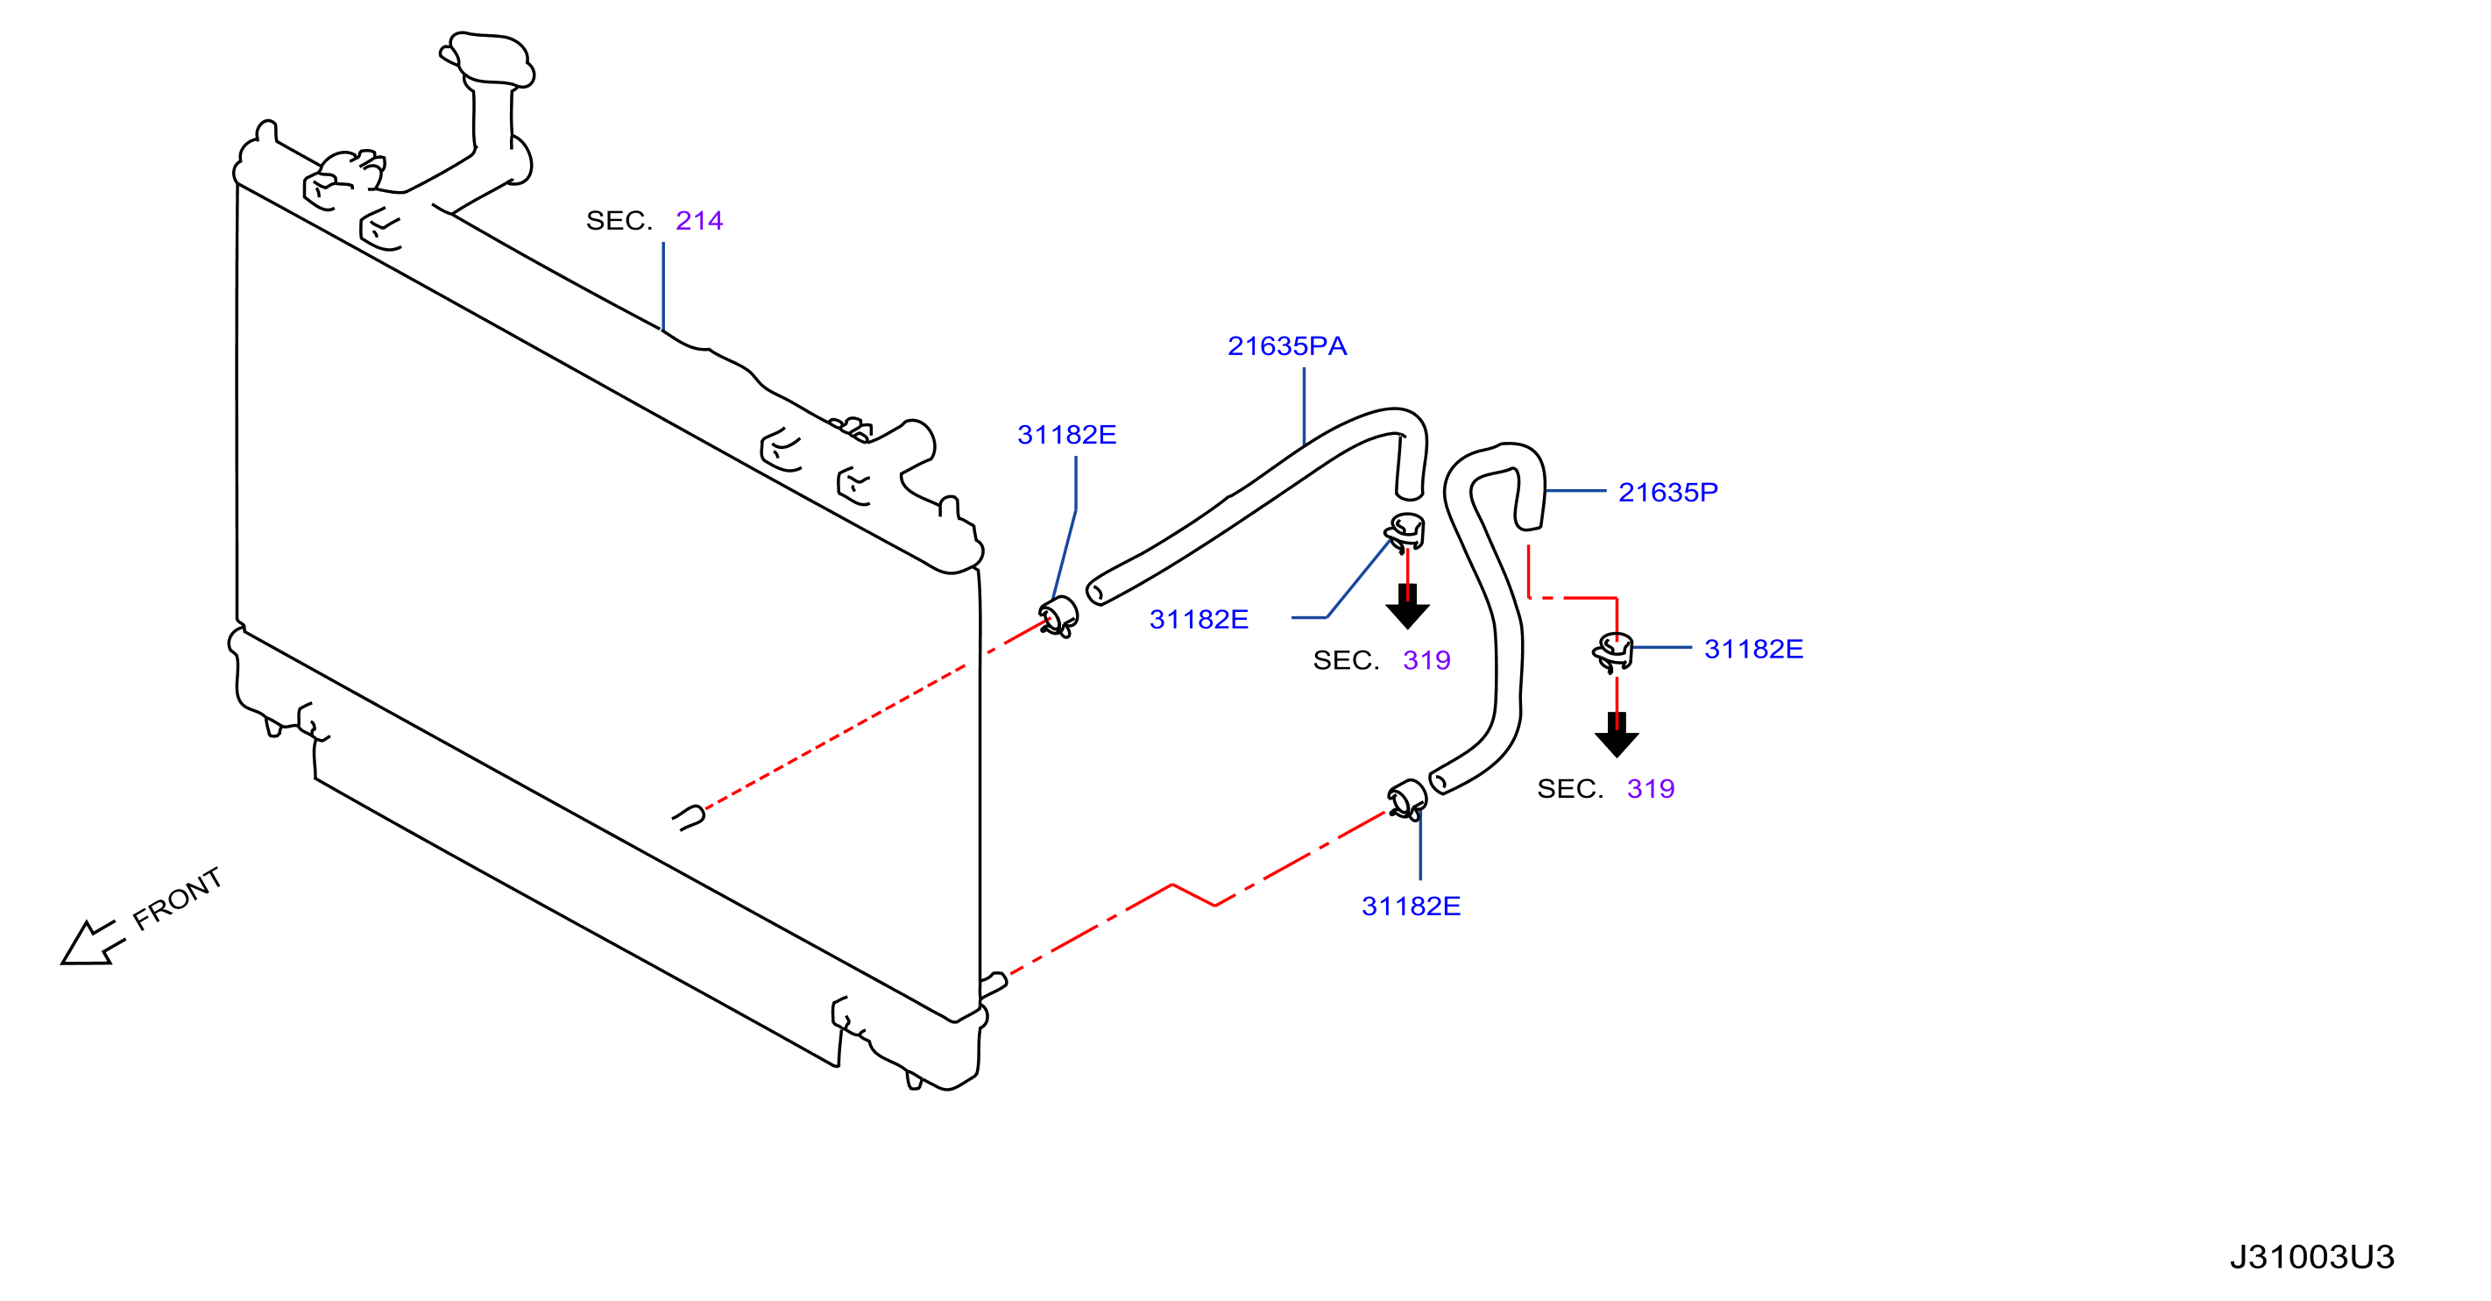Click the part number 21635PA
click(x=1287, y=346)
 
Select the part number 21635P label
click(x=1668, y=493)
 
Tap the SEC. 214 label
click(x=655, y=221)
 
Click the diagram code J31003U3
click(x=2312, y=1256)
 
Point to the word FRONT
click(x=177, y=899)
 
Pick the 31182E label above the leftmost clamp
click(x=1066, y=436)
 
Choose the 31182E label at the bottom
click(x=1411, y=906)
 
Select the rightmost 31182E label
click(x=1753, y=649)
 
